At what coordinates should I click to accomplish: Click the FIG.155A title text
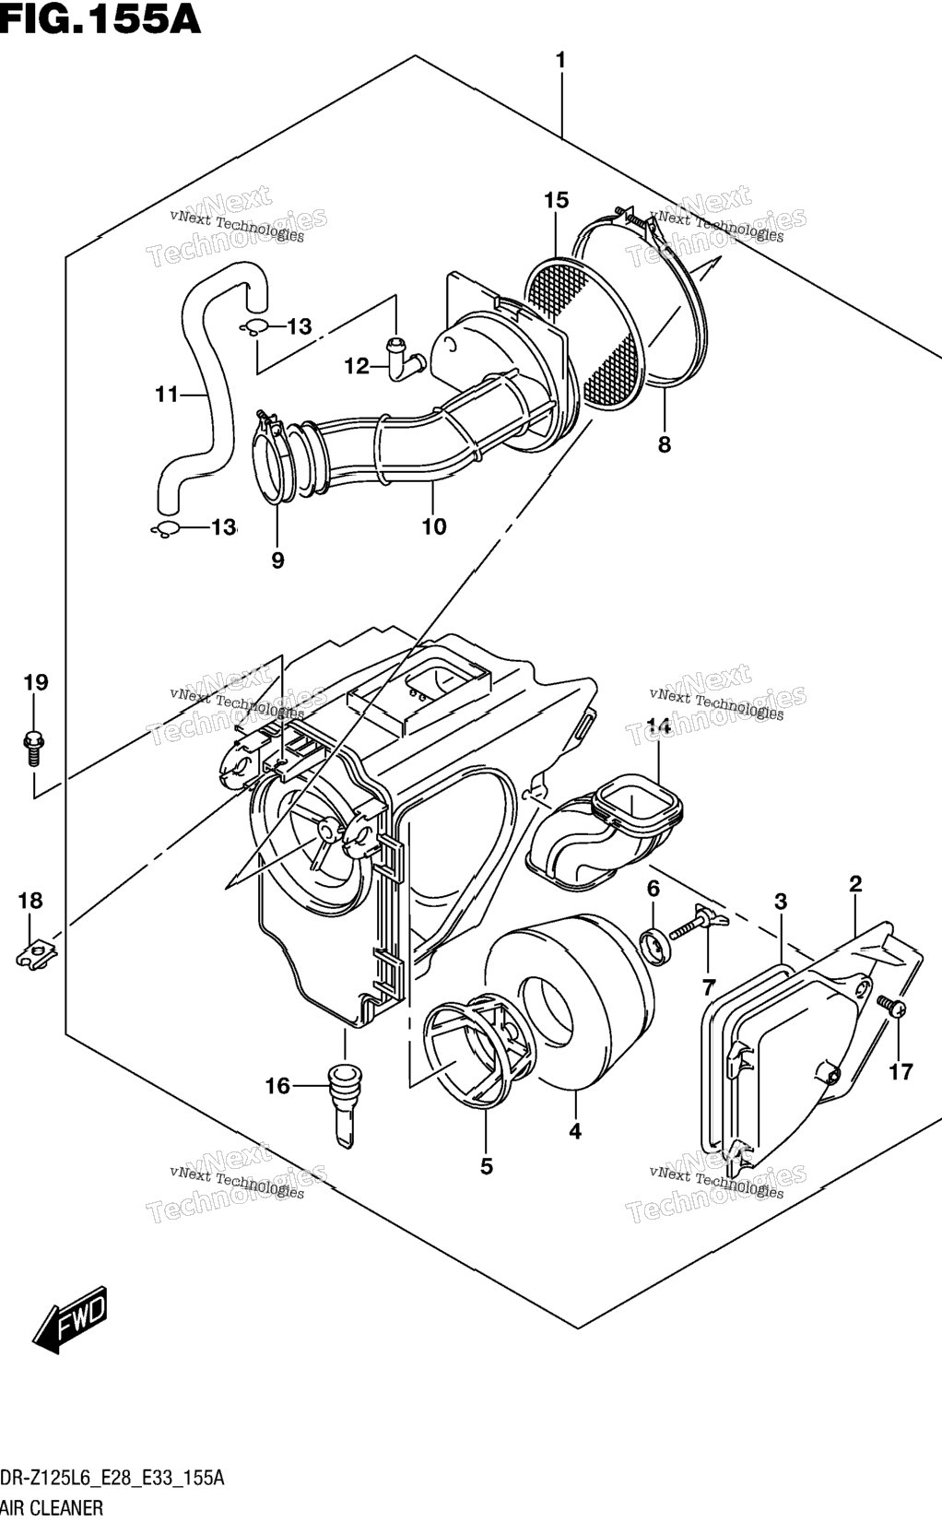click(100, 19)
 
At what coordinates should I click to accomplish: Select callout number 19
click(36, 682)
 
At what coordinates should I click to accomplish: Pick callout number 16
click(277, 1087)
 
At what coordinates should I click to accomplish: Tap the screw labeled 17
click(891, 1006)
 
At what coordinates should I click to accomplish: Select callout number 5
click(487, 1167)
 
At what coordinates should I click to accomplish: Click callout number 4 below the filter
click(575, 1131)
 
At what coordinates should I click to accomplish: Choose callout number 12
click(358, 366)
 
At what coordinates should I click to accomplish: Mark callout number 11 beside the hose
click(167, 394)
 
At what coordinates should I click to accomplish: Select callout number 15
click(556, 200)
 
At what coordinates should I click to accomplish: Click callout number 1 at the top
click(560, 61)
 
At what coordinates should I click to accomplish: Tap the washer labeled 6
click(654, 947)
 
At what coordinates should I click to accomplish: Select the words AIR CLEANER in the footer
click(52, 1508)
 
